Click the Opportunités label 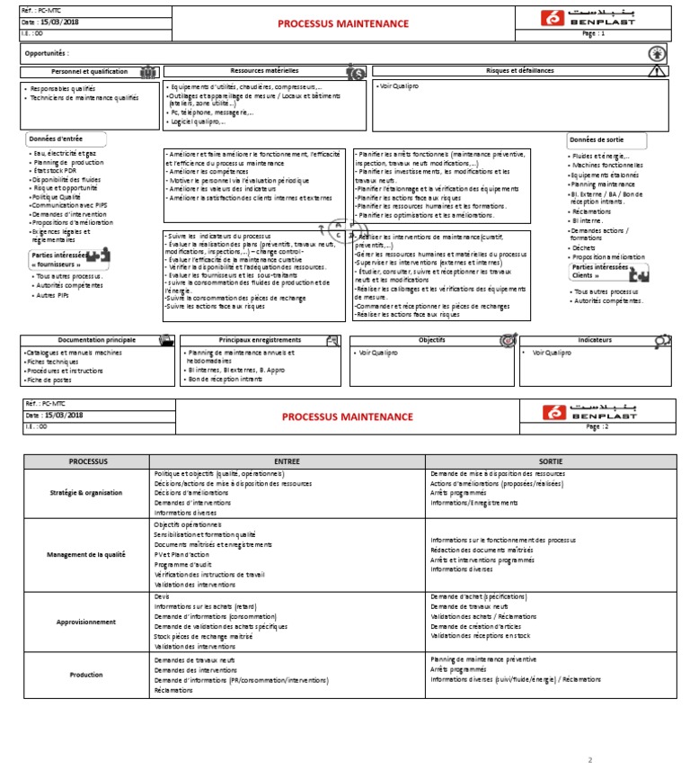click(47, 53)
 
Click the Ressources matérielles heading click(264, 70)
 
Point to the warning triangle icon click(658, 71)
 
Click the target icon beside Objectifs click(508, 341)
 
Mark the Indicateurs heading click(596, 340)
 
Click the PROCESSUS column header click(87, 461)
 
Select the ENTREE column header click(287, 461)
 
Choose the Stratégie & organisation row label click(87, 493)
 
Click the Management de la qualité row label click(87, 555)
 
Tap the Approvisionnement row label click(87, 622)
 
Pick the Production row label click(87, 675)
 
